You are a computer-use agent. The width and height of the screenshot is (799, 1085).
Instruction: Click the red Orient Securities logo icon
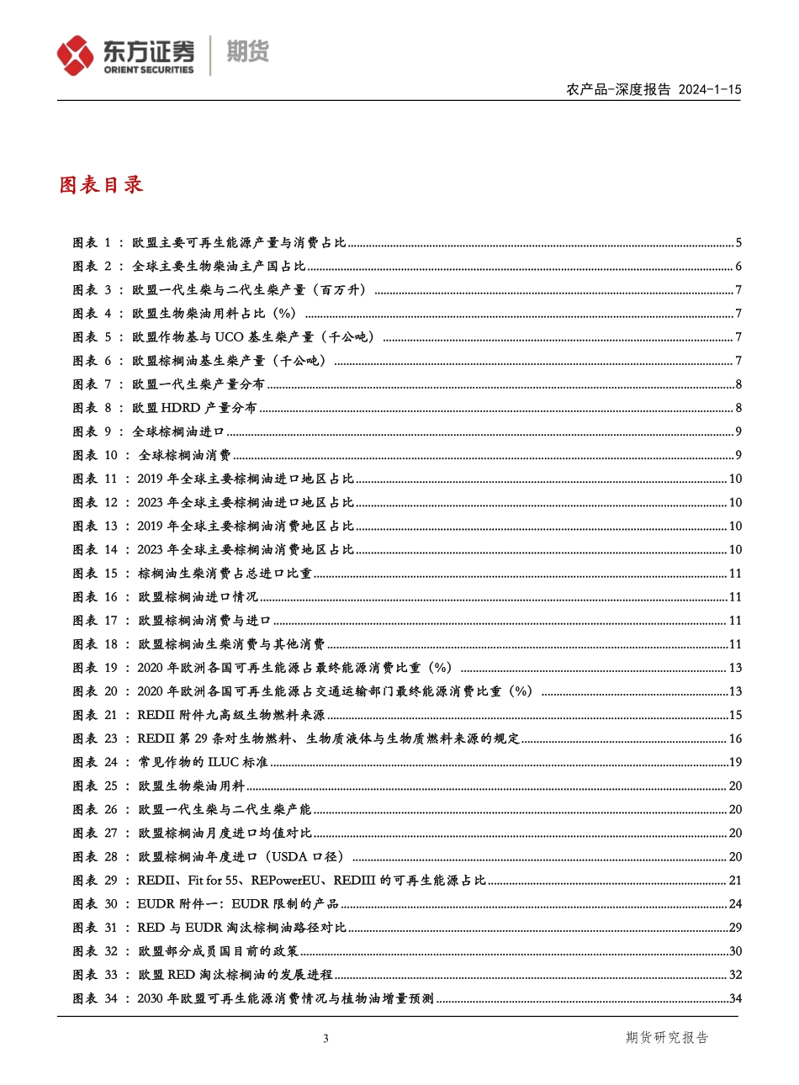[76, 55]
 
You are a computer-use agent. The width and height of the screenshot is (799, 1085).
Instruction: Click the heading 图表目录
[101, 185]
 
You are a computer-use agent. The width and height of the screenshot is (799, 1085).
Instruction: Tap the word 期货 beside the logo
[247, 52]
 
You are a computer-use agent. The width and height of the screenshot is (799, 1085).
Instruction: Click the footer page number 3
[325, 1039]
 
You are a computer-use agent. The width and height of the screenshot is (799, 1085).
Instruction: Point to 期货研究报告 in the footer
[667, 1038]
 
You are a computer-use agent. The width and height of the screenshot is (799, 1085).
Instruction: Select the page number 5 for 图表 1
[738, 243]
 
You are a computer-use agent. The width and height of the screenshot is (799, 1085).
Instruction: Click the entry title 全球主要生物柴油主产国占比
[219, 267]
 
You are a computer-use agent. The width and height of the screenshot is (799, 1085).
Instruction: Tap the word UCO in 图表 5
[232, 337]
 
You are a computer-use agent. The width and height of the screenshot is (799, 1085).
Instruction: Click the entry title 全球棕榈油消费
[185, 455]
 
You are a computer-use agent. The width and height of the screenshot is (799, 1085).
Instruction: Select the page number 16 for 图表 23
[734, 738]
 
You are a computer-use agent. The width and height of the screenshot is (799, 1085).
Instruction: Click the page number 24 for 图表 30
[734, 904]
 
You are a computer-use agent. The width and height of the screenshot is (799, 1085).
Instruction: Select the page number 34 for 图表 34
[734, 998]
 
